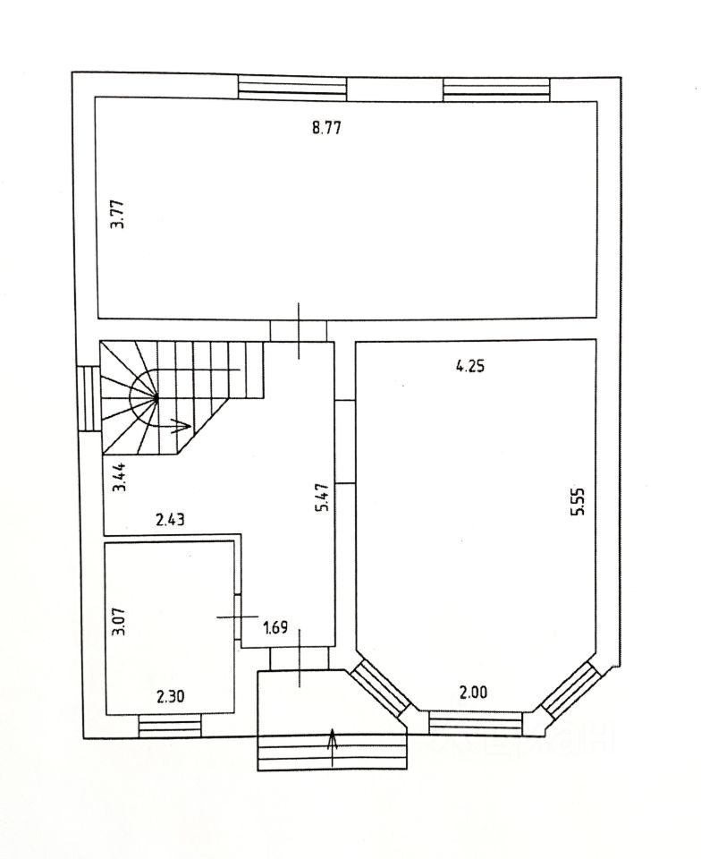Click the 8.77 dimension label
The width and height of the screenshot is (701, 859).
(x=327, y=127)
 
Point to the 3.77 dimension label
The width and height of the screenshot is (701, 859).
(x=116, y=215)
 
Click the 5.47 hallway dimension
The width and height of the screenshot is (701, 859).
(x=324, y=497)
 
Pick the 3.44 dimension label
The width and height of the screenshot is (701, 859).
(x=116, y=478)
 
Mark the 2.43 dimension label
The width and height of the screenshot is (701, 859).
(x=170, y=519)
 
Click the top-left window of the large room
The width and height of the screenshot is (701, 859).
(x=292, y=87)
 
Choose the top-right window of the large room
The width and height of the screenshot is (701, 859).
(x=497, y=87)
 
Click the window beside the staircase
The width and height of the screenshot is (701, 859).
(x=88, y=398)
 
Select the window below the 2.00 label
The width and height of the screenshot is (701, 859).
(x=476, y=722)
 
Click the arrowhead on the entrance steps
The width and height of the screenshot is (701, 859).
(x=333, y=736)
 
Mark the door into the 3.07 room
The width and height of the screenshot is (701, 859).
(x=238, y=617)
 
